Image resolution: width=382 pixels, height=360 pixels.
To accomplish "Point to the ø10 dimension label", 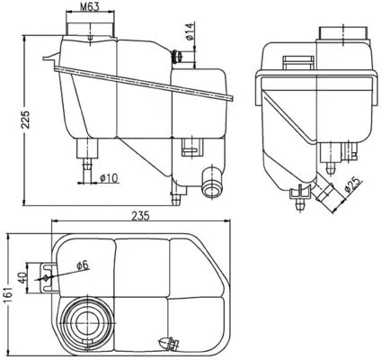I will coord(110,176).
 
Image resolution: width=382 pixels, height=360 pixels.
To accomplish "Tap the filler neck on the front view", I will coord(90,29).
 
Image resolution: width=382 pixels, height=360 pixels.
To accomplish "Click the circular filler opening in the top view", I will coord(86,319).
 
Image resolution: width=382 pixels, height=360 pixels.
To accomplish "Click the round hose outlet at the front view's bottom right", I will coord(212,186).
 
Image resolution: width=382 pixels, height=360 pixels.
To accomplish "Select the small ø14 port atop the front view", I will coord(179,58).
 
